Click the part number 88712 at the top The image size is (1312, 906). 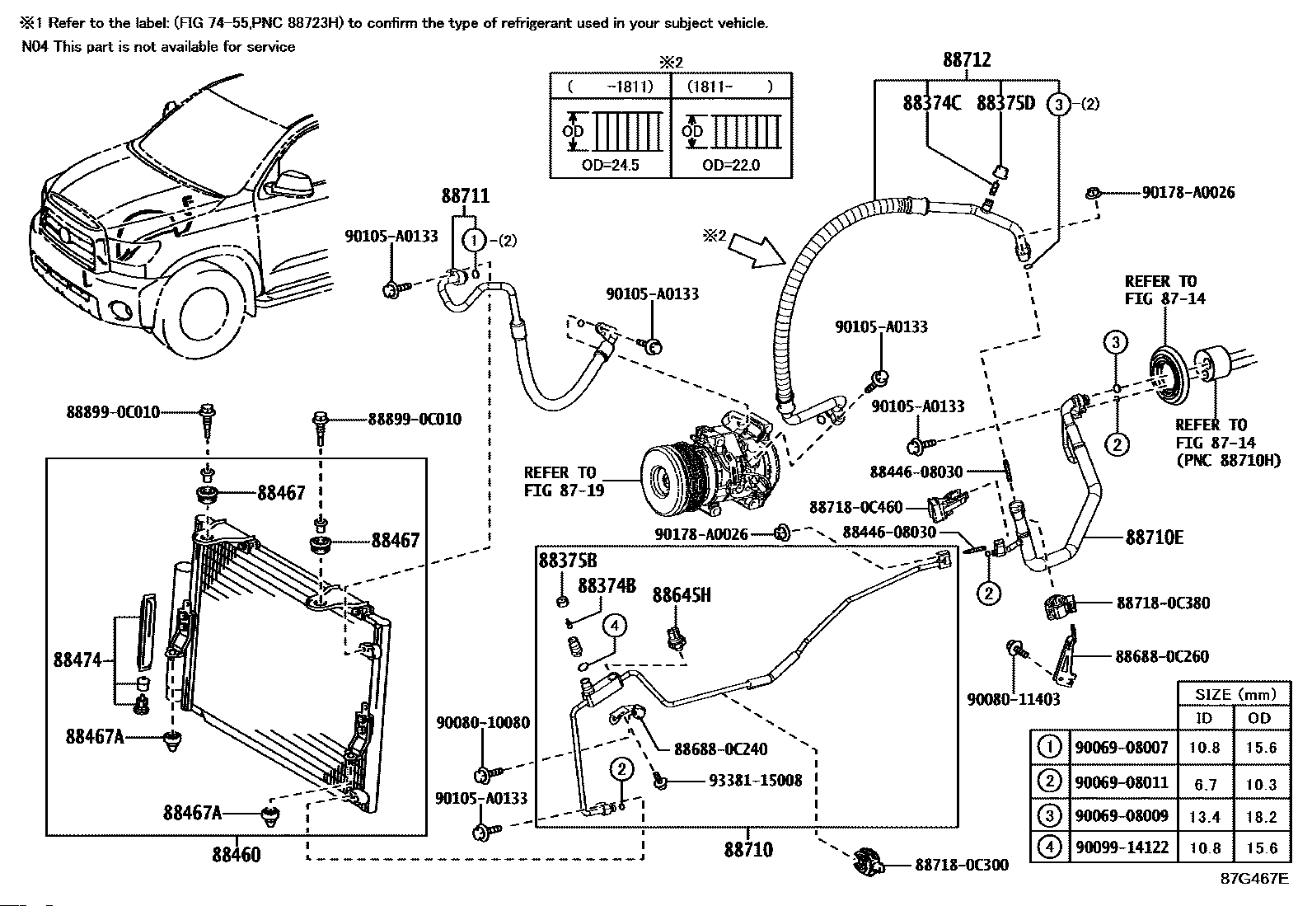[x=967, y=60]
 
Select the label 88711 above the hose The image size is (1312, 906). [x=465, y=195]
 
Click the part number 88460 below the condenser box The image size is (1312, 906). [x=237, y=854]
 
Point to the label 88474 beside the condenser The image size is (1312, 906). [x=77, y=660]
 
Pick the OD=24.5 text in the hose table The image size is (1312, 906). [x=610, y=165]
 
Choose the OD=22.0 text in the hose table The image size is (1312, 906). [x=731, y=165]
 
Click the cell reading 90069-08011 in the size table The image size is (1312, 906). [x=1122, y=782]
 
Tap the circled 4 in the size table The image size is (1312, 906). [x=1049, y=847]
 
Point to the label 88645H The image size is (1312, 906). [x=682, y=595]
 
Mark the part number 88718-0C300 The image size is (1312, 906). [x=962, y=865]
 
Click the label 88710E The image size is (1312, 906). [x=1155, y=537]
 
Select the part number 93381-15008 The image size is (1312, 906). [x=755, y=781]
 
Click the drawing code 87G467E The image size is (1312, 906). [x=1254, y=879]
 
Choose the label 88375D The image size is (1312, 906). [x=1005, y=103]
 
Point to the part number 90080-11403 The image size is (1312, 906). [x=1014, y=699]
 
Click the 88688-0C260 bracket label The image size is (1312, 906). [x=1162, y=656]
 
